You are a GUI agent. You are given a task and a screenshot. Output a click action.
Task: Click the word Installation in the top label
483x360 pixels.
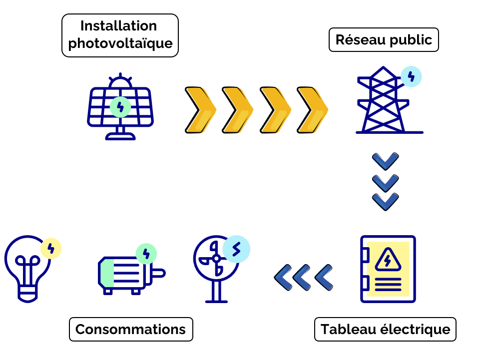[118, 26]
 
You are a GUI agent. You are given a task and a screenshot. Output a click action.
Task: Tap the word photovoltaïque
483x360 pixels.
[120, 43]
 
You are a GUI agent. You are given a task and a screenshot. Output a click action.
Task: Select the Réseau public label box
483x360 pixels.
[384, 40]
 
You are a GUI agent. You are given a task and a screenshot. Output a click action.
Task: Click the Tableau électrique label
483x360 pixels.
[385, 330]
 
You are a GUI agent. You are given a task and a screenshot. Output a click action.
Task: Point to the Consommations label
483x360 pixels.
[130, 330]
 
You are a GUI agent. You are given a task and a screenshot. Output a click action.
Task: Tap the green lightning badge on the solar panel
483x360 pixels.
[120, 107]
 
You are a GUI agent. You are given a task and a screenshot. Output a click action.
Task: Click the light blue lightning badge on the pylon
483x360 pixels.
[411, 76]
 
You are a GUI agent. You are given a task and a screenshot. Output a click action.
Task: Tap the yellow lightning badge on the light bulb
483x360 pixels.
[50, 248]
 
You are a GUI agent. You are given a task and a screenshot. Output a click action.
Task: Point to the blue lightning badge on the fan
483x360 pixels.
[236, 249]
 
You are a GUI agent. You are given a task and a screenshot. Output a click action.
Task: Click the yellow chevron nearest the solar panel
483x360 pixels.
[200, 110]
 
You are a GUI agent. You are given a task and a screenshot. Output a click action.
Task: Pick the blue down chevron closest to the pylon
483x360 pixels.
[386, 161]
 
